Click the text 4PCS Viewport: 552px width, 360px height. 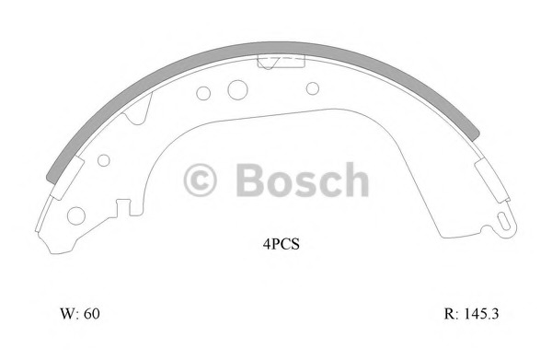coord(281,244)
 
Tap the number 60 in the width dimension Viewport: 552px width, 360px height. coord(91,313)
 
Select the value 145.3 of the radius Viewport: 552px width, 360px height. coord(481,313)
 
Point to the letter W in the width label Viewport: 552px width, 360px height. coord(68,313)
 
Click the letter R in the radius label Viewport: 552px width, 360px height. coord(449,313)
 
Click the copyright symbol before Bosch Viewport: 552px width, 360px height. coord(200,180)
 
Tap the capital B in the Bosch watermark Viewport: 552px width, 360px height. coord(249,180)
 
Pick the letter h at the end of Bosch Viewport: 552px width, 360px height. coord(357,179)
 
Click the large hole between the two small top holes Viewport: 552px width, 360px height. coord(237,90)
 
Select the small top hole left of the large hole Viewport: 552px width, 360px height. coord(203,93)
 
